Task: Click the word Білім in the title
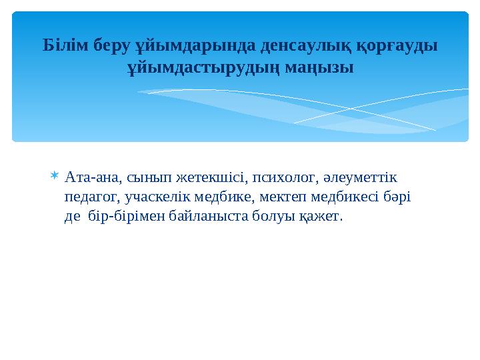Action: (x=61, y=45)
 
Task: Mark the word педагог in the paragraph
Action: (x=89, y=197)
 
